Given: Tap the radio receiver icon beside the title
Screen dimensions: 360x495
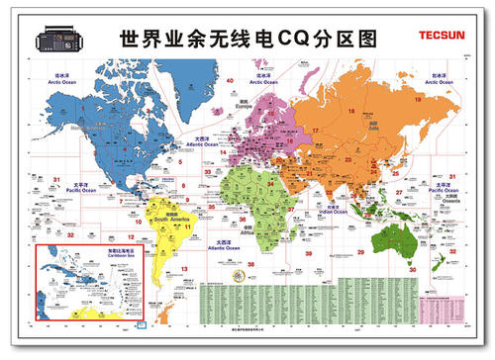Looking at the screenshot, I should pos(54,40).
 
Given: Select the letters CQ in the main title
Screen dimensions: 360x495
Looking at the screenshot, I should pos(280,41).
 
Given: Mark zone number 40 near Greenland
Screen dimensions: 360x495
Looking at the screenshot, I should pos(230,80).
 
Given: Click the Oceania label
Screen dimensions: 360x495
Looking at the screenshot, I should pos(450,195).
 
